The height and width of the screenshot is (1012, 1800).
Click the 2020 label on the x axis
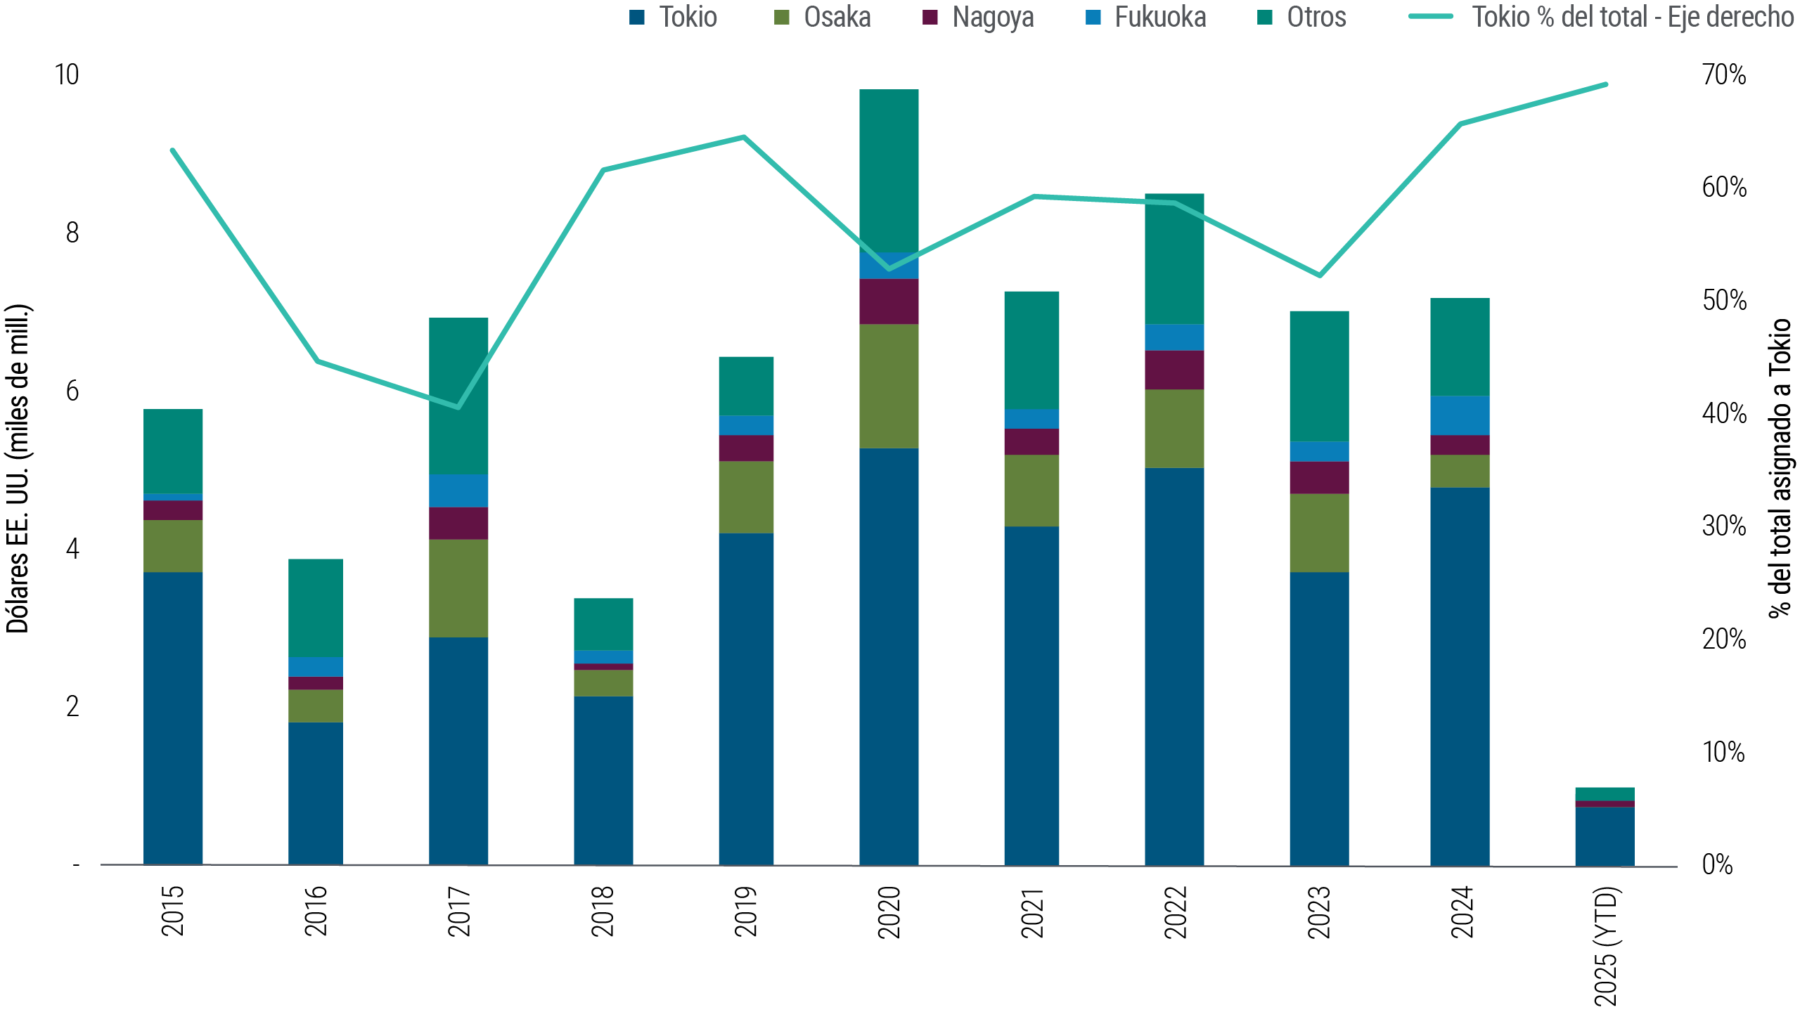[x=889, y=912]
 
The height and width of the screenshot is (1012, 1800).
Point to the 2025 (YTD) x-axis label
[x=1606, y=945]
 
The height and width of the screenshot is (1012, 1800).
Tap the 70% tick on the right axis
[x=1723, y=74]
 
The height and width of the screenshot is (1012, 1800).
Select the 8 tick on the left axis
[x=72, y=233]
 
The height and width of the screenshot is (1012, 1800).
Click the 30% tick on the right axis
[x=1723, y=526]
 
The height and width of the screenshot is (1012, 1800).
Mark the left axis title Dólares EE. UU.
[x=18, y=468]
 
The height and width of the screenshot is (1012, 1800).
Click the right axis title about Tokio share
[x=1781, y=468]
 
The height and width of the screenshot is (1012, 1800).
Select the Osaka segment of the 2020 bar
[x=889, y=386]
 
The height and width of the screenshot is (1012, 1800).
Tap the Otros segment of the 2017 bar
[x=458, y=396]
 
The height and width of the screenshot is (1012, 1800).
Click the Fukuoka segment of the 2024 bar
[x=1460, y=415]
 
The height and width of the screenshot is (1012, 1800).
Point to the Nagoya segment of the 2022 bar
[x=1174, y=370]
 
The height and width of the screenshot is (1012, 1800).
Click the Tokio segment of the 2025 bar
[x=1605, y=836]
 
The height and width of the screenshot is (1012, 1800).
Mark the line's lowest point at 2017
[x=458, y=408]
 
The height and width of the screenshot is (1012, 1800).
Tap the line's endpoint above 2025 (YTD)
[x=1607, y=84]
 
